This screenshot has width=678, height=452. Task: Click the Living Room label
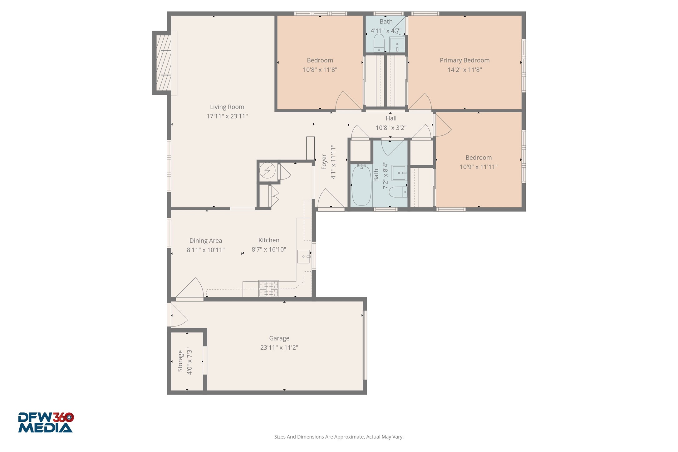[x=227, y=107]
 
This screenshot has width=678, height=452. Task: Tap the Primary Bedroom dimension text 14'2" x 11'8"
[x=464, y=70]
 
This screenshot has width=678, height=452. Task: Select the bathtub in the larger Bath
[x=361, y=185]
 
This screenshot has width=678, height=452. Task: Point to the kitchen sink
[x=303, y=256]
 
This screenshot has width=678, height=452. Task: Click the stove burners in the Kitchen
[x=268, y=289]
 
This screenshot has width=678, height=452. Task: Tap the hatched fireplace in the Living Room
[x=164, y=62]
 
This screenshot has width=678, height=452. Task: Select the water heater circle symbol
[x=268, y=171]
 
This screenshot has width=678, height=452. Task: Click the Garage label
[x=279, y=338]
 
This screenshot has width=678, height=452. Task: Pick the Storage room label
[x=180, y=361]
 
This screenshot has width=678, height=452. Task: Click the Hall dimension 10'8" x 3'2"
[x=391, y=128]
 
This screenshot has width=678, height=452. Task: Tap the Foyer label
[x=324, y=162]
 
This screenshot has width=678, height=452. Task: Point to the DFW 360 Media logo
[x=46, y=423]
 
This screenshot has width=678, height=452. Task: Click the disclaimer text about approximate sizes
[x=339, y=437]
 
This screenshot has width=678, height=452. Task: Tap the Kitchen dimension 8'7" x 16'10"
[x=269, y=250]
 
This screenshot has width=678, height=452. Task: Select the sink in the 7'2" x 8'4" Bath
[x=399, y=173]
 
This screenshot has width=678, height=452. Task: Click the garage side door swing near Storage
[x=178, y=316]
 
